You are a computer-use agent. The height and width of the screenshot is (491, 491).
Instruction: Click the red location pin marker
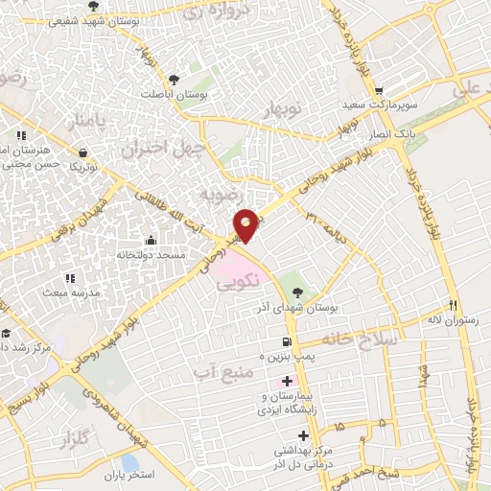click(246, 224)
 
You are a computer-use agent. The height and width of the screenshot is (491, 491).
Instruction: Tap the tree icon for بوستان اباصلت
click(173, 79)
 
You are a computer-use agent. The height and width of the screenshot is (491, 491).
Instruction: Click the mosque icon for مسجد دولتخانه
click(149, 240)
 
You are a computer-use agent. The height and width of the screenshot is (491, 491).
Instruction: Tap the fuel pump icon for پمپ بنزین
click(286, 342)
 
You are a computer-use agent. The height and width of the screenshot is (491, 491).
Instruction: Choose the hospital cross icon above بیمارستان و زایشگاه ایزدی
click(287, 381)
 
